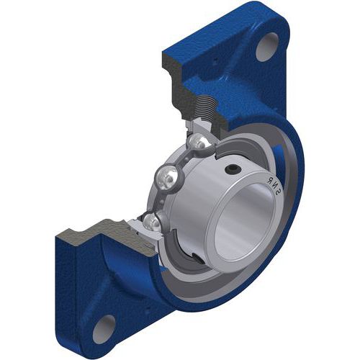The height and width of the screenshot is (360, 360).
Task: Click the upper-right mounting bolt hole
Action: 267,47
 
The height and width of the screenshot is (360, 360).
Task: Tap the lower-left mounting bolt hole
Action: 104,328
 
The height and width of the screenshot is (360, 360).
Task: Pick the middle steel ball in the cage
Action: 166,178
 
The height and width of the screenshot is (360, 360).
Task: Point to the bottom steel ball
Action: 151,222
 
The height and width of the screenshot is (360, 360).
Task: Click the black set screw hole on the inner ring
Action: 232,170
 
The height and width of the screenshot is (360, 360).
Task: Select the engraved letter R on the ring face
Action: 270,179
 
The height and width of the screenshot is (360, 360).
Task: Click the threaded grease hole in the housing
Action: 205,107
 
